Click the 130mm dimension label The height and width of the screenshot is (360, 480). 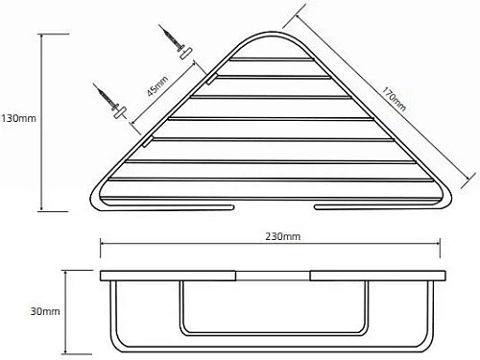point(18,118)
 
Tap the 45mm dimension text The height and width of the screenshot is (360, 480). point(157,86)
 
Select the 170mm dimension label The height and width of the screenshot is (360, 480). point(394,99)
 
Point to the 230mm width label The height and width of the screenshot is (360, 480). point(283,236)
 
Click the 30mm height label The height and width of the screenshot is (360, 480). point(45,311)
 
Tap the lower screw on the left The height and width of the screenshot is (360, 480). point(106,97)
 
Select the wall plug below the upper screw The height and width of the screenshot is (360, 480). point(186,53)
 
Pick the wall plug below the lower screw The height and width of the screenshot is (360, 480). point(120,113)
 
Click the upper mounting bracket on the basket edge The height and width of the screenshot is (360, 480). point(212,79)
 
